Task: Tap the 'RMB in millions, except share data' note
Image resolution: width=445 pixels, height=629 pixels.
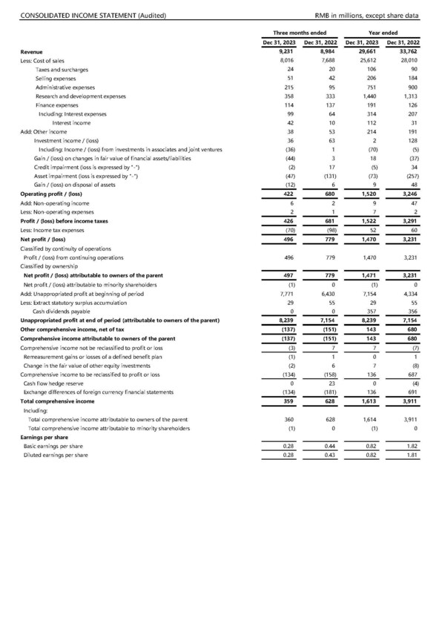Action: click(x=366, y=16)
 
